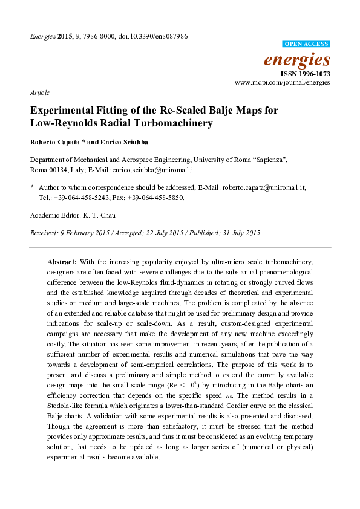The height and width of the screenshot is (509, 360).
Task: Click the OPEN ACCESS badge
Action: pos(307,44)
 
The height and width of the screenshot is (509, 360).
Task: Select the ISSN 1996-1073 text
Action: pos(306,73)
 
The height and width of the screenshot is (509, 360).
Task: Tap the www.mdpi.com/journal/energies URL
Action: pos(282,82)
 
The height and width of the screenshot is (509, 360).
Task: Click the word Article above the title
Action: pos(39,93)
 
